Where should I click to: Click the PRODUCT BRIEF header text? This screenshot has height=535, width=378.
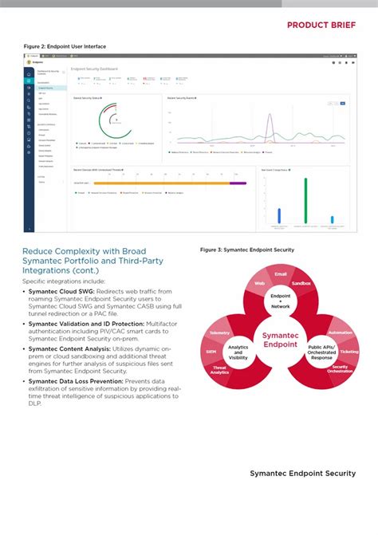[x=321, y=25]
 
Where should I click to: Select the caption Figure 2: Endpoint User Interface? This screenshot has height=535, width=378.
[x=65, y=47]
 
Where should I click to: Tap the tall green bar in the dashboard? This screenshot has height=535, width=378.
[x=305, y=200]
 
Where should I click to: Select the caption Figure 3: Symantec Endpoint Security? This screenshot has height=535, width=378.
[x=247, y=250]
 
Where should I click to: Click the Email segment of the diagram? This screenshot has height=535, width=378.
[x=280, y=274]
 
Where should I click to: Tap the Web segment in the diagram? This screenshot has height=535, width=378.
[x=259, y=283]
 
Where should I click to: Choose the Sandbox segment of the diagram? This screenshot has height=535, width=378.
[x=301, y=283]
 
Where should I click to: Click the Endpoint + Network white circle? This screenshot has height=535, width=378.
[x=280, y=301]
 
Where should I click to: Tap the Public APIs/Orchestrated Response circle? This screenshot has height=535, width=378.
[x=321, y=352]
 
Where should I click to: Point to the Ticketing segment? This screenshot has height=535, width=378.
[x=348, y=351]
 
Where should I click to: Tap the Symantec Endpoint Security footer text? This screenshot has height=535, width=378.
[x=302, y=474]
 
